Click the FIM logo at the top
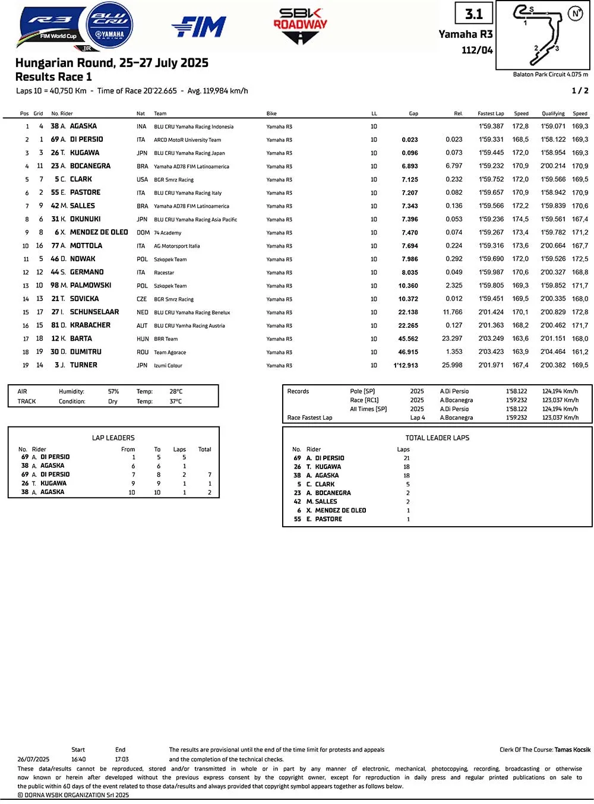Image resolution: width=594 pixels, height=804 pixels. point(199,27)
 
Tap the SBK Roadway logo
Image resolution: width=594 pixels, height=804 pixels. point(300,25)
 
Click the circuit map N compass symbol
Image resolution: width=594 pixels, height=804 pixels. point(574,13)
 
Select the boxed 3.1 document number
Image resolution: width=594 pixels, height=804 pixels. point(474,14)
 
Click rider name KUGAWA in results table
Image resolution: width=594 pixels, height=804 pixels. point(84,153)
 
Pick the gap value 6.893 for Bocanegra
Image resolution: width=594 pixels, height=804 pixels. point(409,166)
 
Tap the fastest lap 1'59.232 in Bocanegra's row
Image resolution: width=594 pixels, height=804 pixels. point(491,166)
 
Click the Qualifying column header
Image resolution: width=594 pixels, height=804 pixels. point(553,113)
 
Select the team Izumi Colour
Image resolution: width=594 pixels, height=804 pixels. point(168,366)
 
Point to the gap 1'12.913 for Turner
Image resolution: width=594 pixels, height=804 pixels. point(406,365)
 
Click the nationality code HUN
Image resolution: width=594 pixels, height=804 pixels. point(143,339)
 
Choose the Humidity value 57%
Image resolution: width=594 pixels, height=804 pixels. point(113,392)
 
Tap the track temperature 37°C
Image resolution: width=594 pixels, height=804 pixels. point(176,401)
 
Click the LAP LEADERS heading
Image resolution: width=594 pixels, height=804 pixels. point(113,438)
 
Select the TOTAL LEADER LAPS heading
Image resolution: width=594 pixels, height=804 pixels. point(437,438)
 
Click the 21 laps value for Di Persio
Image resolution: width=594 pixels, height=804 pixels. point(406,458)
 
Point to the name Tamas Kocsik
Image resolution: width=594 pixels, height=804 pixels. point(573,749)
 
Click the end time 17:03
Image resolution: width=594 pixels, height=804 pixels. point(121,759)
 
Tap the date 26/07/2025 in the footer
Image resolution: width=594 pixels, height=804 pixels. point(33,759)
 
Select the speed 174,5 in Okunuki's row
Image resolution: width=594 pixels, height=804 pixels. point(520,219)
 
